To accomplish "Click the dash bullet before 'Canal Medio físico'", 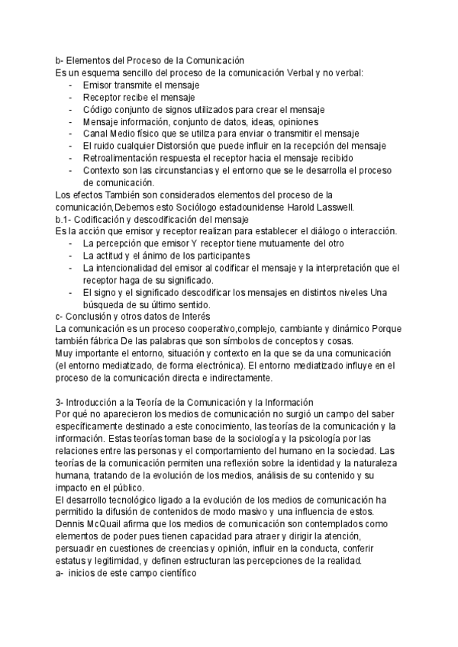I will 71,134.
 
